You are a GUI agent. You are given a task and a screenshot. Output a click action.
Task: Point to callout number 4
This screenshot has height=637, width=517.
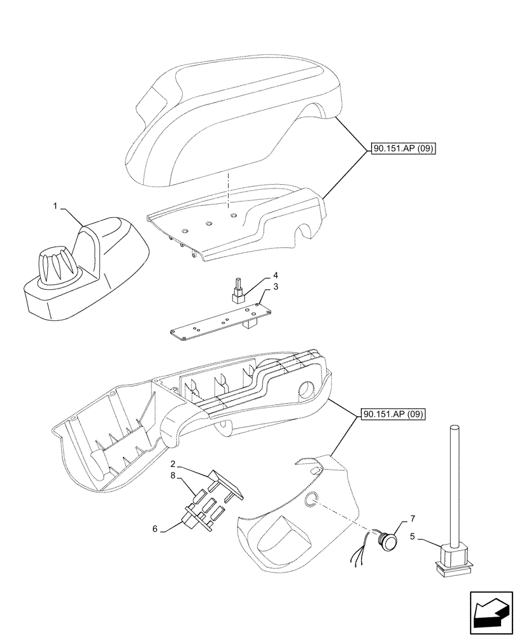pos(276,275)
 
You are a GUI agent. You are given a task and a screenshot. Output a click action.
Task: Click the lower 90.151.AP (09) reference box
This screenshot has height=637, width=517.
pos(393,415)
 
